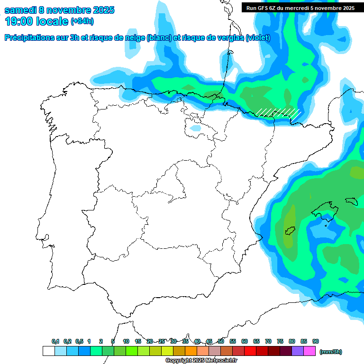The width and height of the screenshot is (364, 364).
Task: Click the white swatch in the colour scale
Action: click(x=48, y=351)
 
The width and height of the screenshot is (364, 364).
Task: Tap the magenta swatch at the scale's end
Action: click(x=310, y=351)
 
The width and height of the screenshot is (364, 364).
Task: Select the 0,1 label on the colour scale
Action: click(x=55, y=341)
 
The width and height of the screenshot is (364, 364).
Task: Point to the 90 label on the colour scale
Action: click(x=316, y=341)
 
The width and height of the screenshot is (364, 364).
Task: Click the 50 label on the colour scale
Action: click(x=221, y=341)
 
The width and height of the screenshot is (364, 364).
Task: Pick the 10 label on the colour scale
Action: click(x=126, y=341)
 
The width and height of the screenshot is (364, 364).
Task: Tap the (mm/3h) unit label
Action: click(x=331, y=352)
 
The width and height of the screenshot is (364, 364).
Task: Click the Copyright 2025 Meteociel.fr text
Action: click(x=201, y=361)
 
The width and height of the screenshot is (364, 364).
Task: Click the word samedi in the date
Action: click(x=21, y=10)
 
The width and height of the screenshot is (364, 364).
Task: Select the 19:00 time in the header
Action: click(x=18, y=21)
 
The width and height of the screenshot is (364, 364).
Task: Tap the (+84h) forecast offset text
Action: click(x=82, y=21)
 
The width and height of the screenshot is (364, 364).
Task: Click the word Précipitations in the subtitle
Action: click(x=28, y=38)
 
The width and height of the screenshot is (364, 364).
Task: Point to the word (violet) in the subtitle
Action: click(x=258, y=38)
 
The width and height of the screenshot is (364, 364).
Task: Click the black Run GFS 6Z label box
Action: click(x=299, y=8)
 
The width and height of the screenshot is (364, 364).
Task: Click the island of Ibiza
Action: click(x=290, y=231)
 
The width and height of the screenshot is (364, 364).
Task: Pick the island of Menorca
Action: click(x=352, y=200)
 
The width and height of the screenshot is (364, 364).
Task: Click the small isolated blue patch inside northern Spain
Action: click(x=195, y=128)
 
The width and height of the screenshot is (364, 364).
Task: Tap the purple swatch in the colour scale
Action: click(x=298, y=351)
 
